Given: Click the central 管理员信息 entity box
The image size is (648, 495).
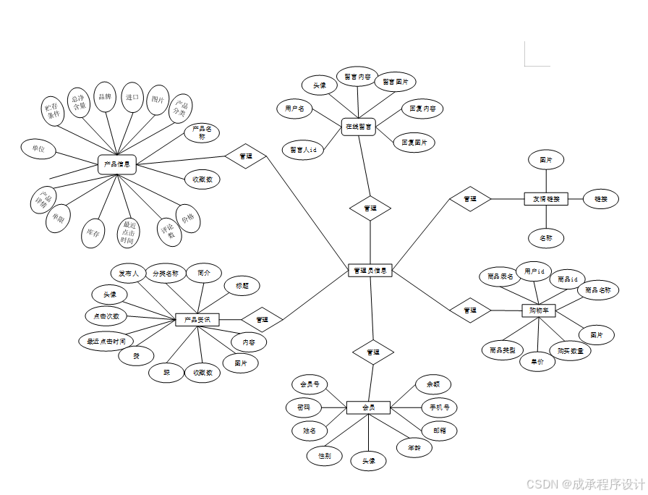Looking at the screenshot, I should point(370,271).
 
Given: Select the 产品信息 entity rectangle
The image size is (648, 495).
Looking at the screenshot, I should point(117,164).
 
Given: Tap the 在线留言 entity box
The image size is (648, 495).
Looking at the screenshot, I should point(359,127).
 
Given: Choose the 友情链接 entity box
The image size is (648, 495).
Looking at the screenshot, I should point(546,198).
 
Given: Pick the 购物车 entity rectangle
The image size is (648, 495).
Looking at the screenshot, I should point(539,310).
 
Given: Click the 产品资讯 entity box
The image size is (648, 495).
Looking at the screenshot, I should point(197,319).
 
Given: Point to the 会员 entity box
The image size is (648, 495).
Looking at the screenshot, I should point(368,407).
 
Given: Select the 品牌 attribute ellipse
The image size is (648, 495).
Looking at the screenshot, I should point(105,97).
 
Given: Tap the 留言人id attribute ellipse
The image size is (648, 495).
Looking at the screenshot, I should point(303,150).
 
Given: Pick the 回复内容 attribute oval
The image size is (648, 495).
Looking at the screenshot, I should point(422,109).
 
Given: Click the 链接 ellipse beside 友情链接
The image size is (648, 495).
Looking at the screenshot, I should point(600,198).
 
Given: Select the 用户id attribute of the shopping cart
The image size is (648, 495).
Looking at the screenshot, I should point(534,271).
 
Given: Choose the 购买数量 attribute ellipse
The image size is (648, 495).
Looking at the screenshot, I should point(570,350).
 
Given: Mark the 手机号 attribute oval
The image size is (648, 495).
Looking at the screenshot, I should point(439,407).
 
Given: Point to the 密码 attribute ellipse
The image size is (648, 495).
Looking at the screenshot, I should point(304,407).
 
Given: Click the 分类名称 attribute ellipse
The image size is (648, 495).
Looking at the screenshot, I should point(165,274).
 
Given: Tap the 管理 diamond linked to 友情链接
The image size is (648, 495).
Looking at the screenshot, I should point(470,198).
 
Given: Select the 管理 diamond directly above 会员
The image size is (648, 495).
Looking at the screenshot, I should point(373,352).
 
